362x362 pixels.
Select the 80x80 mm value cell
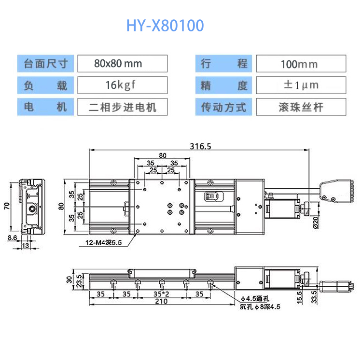122,63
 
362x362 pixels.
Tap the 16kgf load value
122,85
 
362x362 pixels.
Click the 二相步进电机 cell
122,107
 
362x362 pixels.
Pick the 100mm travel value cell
300,63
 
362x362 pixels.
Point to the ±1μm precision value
300,85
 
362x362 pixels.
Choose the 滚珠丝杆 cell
300,107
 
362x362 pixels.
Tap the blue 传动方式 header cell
223,107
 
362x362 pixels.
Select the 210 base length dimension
161,302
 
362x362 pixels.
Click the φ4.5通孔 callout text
255,298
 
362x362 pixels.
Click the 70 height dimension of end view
7,206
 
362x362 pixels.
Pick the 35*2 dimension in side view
161,293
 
